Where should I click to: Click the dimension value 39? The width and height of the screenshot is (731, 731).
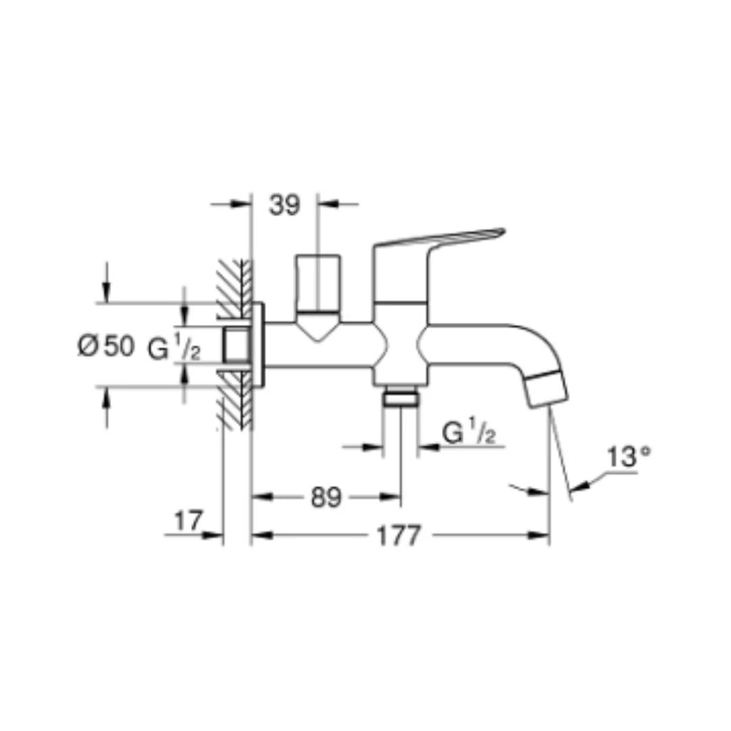[284, 205]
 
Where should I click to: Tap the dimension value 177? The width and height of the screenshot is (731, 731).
[399, 536]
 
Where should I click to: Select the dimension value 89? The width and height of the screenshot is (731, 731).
[326, 498]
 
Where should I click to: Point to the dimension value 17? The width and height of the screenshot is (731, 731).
[189, 521]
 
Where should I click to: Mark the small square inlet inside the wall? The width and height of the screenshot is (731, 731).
[236, 345]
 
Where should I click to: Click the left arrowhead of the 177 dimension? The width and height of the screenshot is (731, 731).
[261, 536]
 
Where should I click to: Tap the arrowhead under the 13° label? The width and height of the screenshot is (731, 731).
[579, 483]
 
